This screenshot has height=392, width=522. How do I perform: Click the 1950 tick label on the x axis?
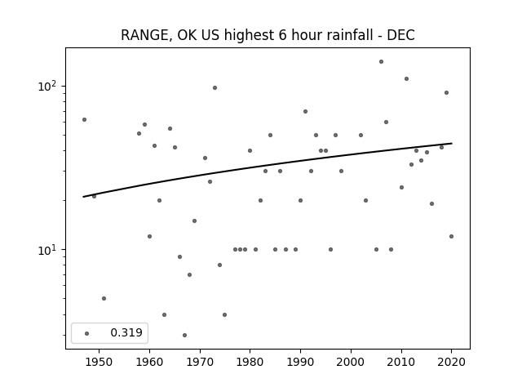pos(99,362)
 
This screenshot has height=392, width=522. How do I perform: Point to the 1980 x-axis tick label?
pos(250,362)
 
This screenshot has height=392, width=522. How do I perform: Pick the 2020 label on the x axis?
pos(451,362)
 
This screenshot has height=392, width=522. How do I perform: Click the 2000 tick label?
pos(351,362)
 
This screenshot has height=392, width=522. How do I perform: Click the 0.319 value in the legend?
pos(126,332)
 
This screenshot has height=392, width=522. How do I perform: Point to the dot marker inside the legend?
pos(87,333)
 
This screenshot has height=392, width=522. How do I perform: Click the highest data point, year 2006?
pos(381,62)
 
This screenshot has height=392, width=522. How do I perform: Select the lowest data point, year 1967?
pos(185,335)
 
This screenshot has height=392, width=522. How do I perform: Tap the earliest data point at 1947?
pos(84,120)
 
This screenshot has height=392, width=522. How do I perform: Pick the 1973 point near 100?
pos(215,87)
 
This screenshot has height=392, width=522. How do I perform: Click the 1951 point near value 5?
pos(104,298)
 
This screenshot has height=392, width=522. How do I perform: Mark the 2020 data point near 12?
pos(451,236)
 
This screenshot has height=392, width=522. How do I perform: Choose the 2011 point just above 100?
pos(406,78)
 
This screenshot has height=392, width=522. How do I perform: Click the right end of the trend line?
pos(452,144)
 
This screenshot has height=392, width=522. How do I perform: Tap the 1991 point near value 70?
pos(305,111)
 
